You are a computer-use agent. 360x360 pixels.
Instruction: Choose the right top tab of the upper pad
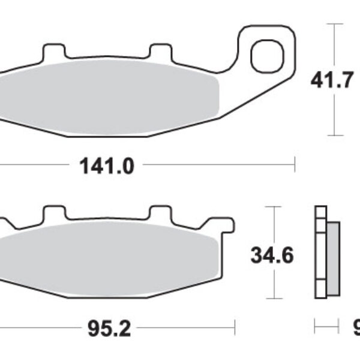pyautogui.click(x=158, y=52)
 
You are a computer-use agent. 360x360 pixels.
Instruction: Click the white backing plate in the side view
pyautogui.click(x=320, y=252)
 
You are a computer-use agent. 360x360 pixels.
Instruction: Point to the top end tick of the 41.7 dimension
pyautogui.click(x=334, y=24)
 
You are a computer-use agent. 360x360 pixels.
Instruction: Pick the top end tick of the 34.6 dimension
pyautogui.click(x=274, y=206)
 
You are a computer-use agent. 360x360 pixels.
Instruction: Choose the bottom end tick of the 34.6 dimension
pyautogui.click(x=274, y=298)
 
